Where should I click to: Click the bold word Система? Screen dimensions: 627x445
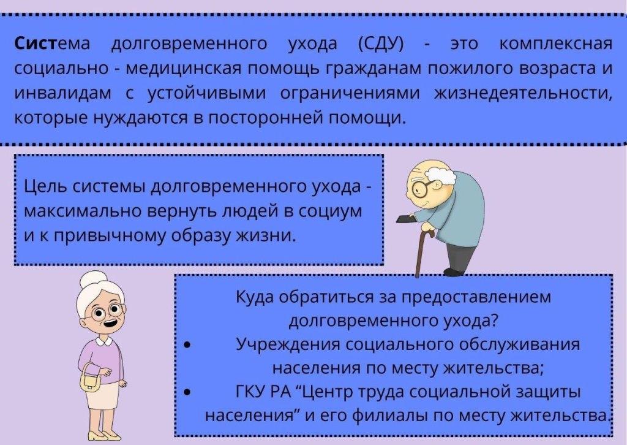point(52,44)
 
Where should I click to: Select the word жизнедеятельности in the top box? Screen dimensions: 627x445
point(523,94)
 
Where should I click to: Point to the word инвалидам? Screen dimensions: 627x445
point(63,94)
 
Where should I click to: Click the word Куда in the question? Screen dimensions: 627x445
point(253,297)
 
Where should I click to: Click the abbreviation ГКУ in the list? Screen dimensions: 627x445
point(250,392)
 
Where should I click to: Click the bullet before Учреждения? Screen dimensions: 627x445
point(187,345)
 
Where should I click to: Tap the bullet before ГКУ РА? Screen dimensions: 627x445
point(187,392)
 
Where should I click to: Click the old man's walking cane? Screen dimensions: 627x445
point(422,251)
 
